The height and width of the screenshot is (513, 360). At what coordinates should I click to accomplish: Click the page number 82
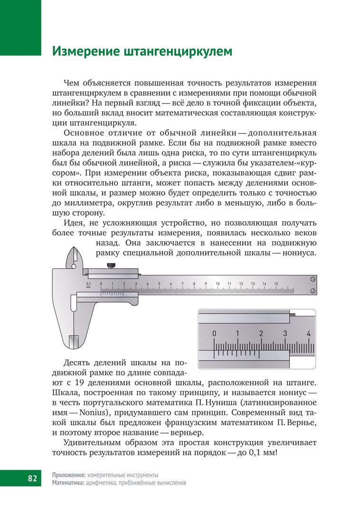32,478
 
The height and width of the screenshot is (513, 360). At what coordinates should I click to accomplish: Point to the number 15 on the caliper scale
276,284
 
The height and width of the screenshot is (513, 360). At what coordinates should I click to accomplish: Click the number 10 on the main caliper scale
218,284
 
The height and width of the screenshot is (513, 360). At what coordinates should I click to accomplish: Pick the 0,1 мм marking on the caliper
88,285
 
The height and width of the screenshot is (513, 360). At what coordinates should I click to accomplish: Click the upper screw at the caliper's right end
313,279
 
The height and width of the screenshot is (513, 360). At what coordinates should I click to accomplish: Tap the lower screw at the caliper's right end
313,290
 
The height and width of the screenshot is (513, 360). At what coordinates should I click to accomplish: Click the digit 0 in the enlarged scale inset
214,333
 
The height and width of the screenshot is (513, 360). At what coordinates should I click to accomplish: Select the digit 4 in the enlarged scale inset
309,333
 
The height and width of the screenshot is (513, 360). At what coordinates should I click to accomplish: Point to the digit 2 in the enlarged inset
261,333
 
